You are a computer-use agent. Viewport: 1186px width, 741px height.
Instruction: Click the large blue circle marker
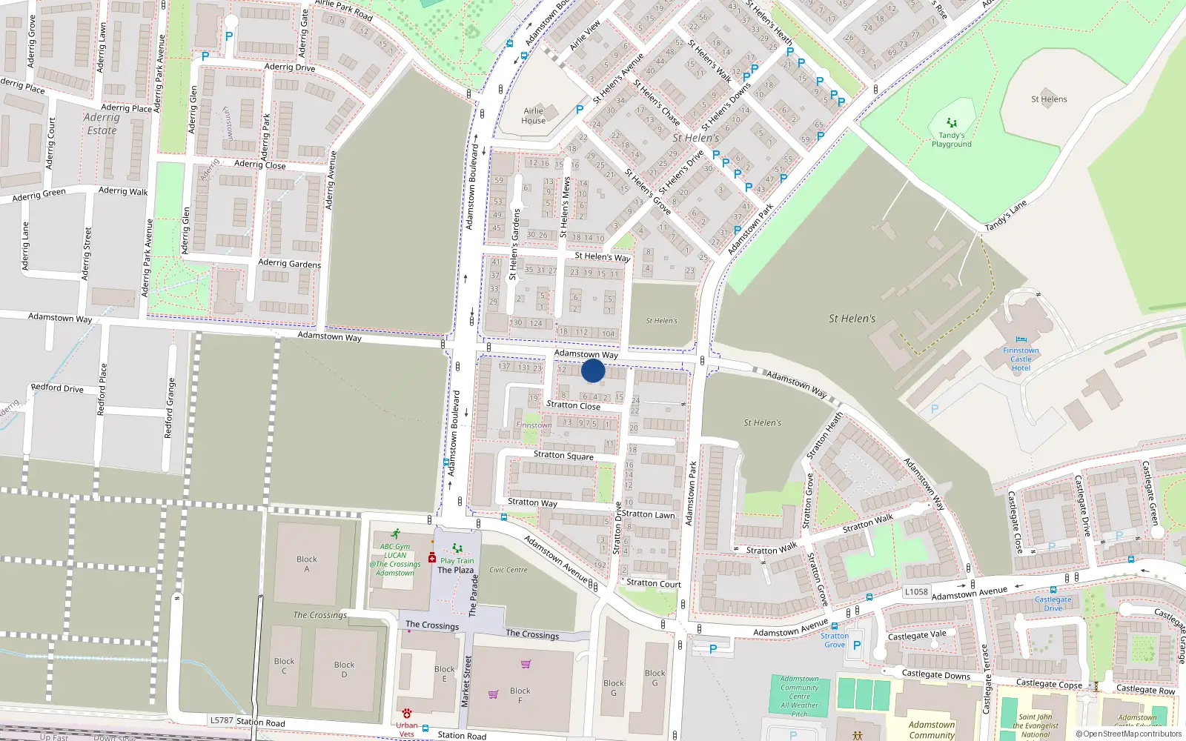(593, 370)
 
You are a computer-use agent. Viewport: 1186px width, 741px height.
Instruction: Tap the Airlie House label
(533, 116)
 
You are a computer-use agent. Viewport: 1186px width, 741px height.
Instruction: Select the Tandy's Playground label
(951, 139)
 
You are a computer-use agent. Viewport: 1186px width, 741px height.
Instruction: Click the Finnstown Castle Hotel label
(1021, 359)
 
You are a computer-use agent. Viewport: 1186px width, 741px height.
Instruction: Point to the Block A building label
(306, 564)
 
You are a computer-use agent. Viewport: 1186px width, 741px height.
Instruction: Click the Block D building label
(344, 669)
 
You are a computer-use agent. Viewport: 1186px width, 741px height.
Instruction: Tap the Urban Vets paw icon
(407, 713)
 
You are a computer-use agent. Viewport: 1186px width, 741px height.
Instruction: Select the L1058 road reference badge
(916, 591)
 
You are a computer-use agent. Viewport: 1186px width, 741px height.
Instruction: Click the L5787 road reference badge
(221, 720)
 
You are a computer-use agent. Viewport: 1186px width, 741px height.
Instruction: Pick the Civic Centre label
(508, 570)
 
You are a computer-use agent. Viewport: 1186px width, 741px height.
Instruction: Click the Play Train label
(457, 561)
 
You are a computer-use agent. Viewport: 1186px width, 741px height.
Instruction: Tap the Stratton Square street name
(563, 455)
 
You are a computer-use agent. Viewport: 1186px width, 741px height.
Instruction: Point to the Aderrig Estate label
(102, 124)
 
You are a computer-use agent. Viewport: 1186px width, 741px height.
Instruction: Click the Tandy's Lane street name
(1006, 216)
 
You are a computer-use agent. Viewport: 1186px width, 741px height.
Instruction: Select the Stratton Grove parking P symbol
(857, 645)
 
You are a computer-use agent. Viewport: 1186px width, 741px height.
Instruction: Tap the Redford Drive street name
(57, 388)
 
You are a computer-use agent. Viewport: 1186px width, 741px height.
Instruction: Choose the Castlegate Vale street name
(917, 636)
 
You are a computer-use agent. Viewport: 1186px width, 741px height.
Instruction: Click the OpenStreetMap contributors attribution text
(1129, 734)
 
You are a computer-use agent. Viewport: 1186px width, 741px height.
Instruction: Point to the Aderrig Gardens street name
(289, 263)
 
